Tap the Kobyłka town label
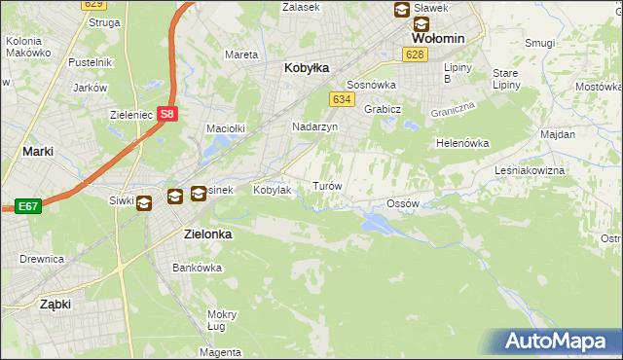click(x=307, y=68)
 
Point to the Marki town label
click(x=37, y=152)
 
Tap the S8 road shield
click(x=167, y=114)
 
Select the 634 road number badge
click(x=341, y=99)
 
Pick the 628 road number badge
click(x=416, y=54)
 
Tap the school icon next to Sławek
click(x=401, y=10)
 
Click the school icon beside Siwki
click(x=144, y=202)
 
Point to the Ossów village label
click(x=402, y=203)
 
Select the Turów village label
click(x=326, y=185)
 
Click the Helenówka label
click(x=461, y=143)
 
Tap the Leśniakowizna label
click(x=557, y=170)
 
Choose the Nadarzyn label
click(x=314, y=127)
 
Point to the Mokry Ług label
click(x=222, y=320)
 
